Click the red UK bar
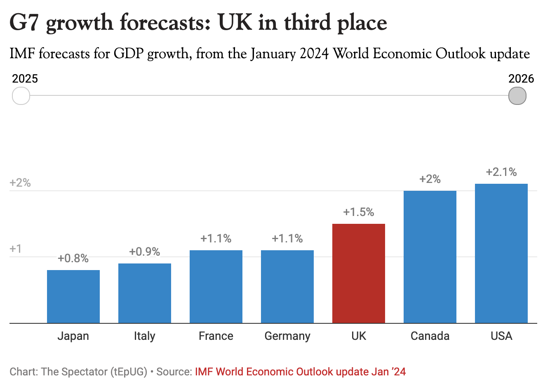[358, 273]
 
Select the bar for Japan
[73, 296]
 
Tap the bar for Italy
[145, 293]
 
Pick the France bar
[216, 287]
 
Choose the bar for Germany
[287, 287]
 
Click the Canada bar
[430, 257]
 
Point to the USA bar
[501, 254]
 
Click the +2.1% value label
[501, 172]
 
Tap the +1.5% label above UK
[359, 212]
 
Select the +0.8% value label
[73, 259]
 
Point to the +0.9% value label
[145, 252]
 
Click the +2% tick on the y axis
[20, 183]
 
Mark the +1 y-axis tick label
[16, 249]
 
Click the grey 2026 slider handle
[517, 96]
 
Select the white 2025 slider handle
[21, 96]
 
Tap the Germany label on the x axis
[287, 336]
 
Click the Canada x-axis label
[430, 336]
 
